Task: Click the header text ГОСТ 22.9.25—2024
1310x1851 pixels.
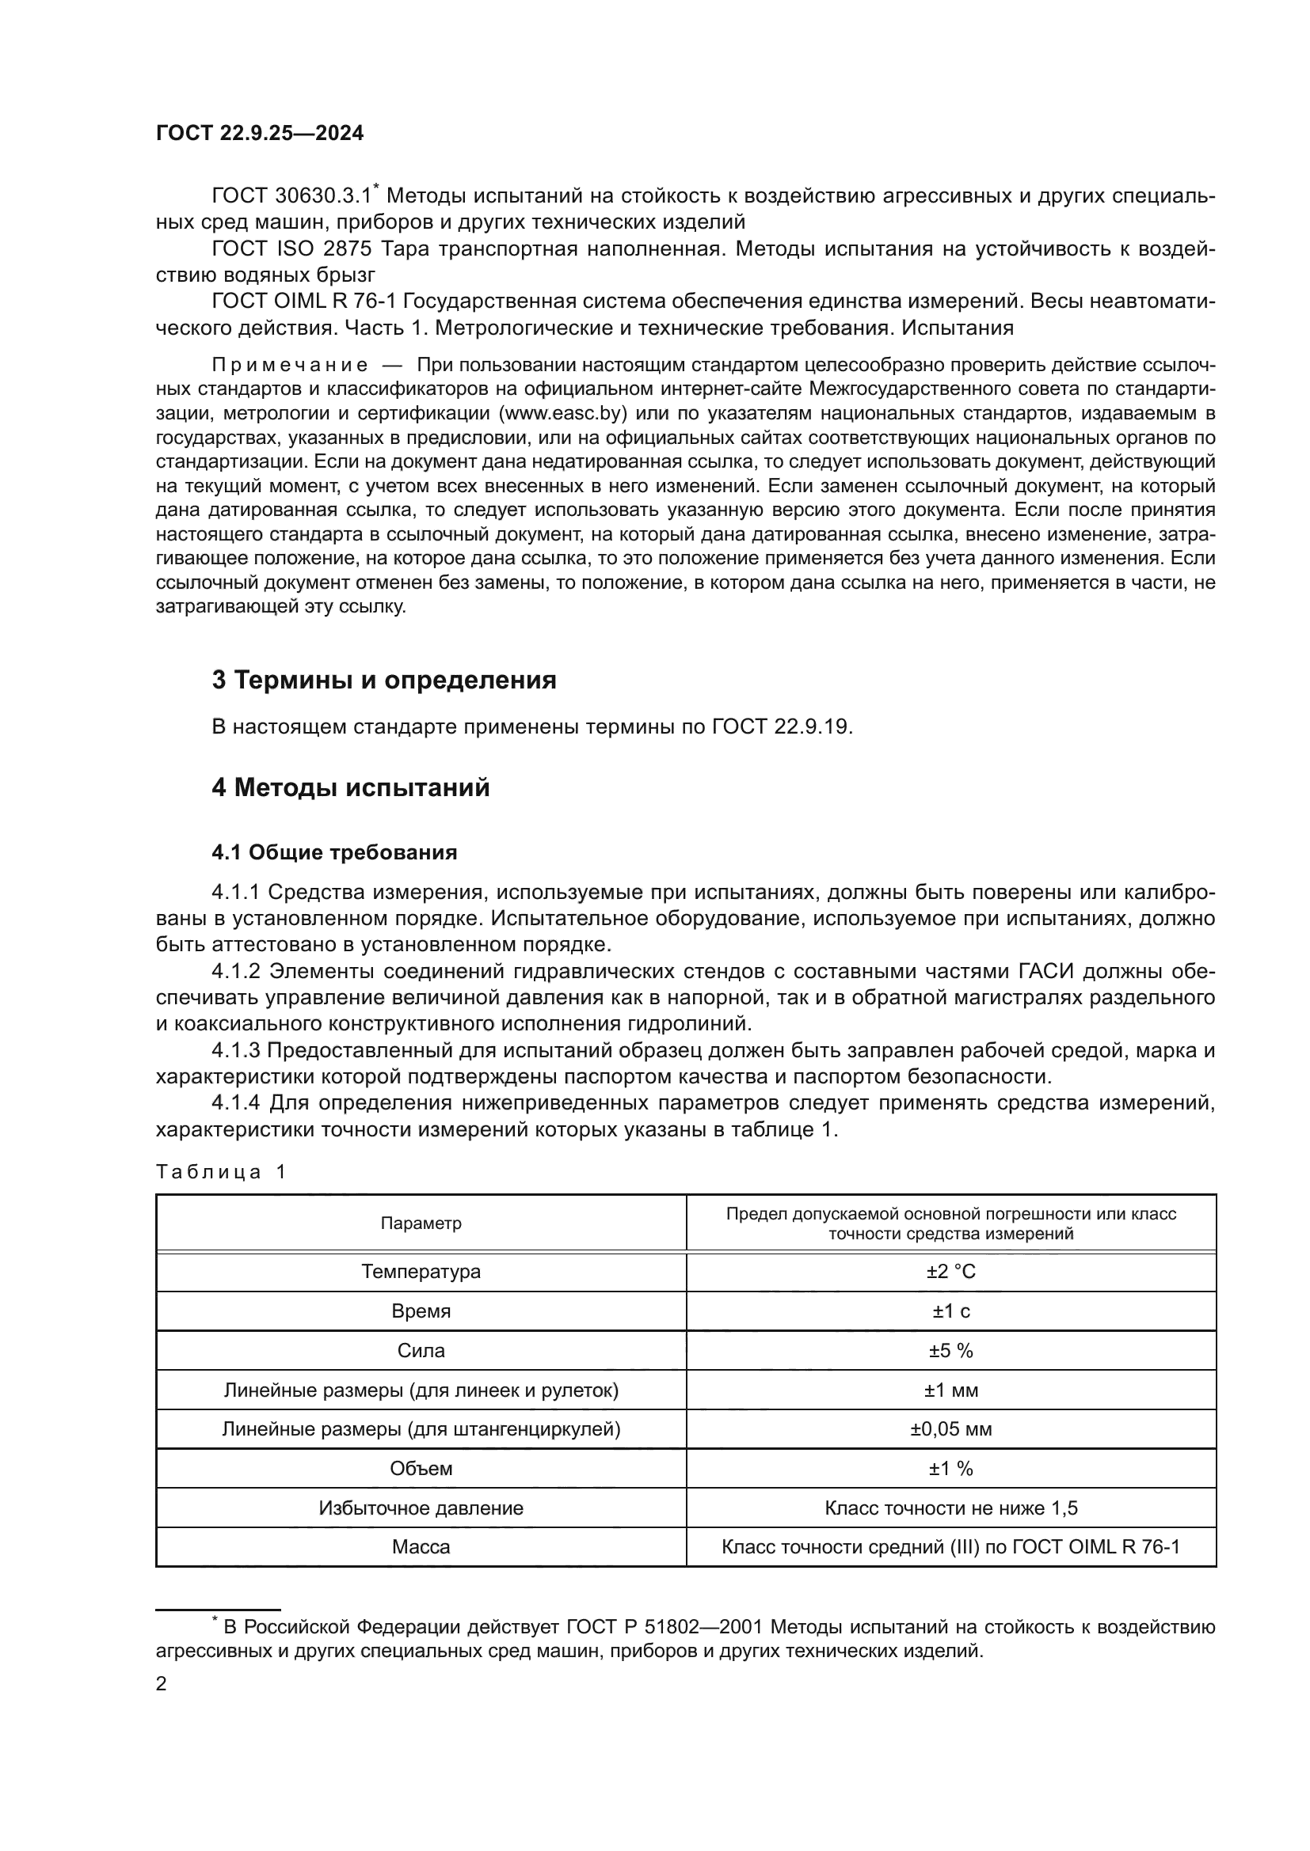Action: coord(260,133)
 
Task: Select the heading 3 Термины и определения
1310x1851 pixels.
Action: coord(384,680)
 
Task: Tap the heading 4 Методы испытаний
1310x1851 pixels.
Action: coord(351,787)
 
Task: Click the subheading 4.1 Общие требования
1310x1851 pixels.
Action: coord(334,852)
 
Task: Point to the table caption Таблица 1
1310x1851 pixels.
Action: coord(221,1172)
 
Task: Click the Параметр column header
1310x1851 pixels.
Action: coord(421,1223)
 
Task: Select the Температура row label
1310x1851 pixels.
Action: coord(421,1272)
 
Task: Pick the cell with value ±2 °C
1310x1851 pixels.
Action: coord(951,1272)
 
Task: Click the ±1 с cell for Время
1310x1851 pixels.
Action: coord(951,1310)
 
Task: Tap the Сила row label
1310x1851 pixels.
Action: coord(421,1350)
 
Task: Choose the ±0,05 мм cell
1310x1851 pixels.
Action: coord(951,1429)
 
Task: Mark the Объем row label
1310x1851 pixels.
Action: coord(421,1468)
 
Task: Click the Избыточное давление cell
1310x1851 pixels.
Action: coord(421,1508)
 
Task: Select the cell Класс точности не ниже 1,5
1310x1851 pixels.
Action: coord(951,1508)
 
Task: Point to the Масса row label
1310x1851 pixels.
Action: coord(421,1546)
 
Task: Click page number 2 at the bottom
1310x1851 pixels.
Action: coord(162,1683)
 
